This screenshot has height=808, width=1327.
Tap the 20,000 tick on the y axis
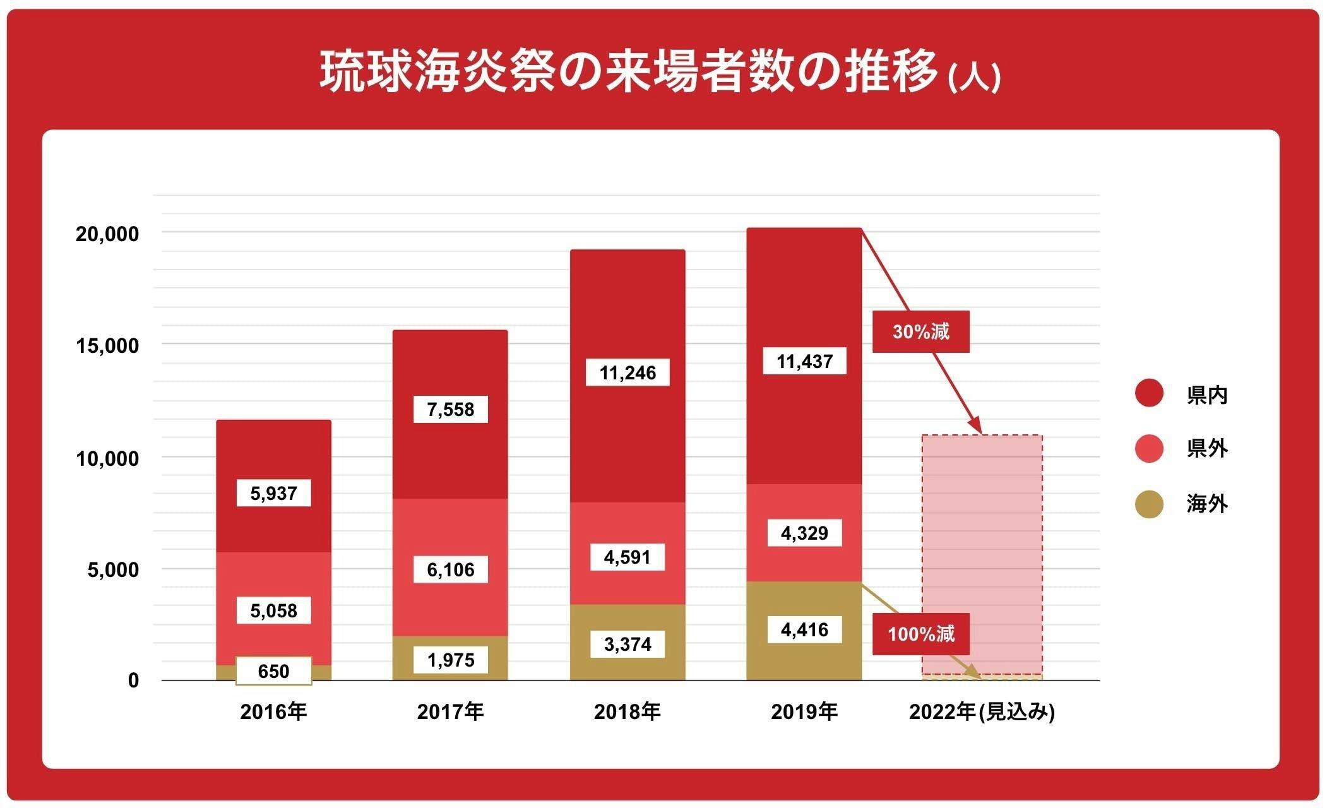(107, 234)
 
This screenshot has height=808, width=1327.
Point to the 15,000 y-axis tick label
(107, 346)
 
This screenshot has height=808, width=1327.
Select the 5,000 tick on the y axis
(113, 570)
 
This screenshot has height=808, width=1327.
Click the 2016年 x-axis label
(273, 712)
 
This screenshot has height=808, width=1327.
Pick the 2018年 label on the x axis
(627, 712)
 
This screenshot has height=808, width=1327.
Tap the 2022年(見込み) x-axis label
(982, 712)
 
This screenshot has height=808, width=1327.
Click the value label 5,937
(273, 493)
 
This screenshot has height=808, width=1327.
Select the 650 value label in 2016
(273, 671)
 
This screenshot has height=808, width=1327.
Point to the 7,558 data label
(450, 410)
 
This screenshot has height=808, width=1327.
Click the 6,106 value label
(450, 570)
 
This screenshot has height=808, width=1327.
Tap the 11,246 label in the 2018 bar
(627, 372)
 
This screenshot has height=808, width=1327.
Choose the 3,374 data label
(627, 645)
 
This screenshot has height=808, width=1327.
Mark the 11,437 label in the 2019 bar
(804, 362)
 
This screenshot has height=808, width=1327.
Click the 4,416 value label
(804, 630)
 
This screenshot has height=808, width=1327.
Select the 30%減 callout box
(920, 331)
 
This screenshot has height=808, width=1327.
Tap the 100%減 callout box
(920, 634)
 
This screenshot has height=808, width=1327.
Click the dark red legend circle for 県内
(1149, 393)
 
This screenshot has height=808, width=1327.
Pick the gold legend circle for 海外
(1149, 504)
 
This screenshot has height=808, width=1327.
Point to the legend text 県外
(1207, 449)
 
